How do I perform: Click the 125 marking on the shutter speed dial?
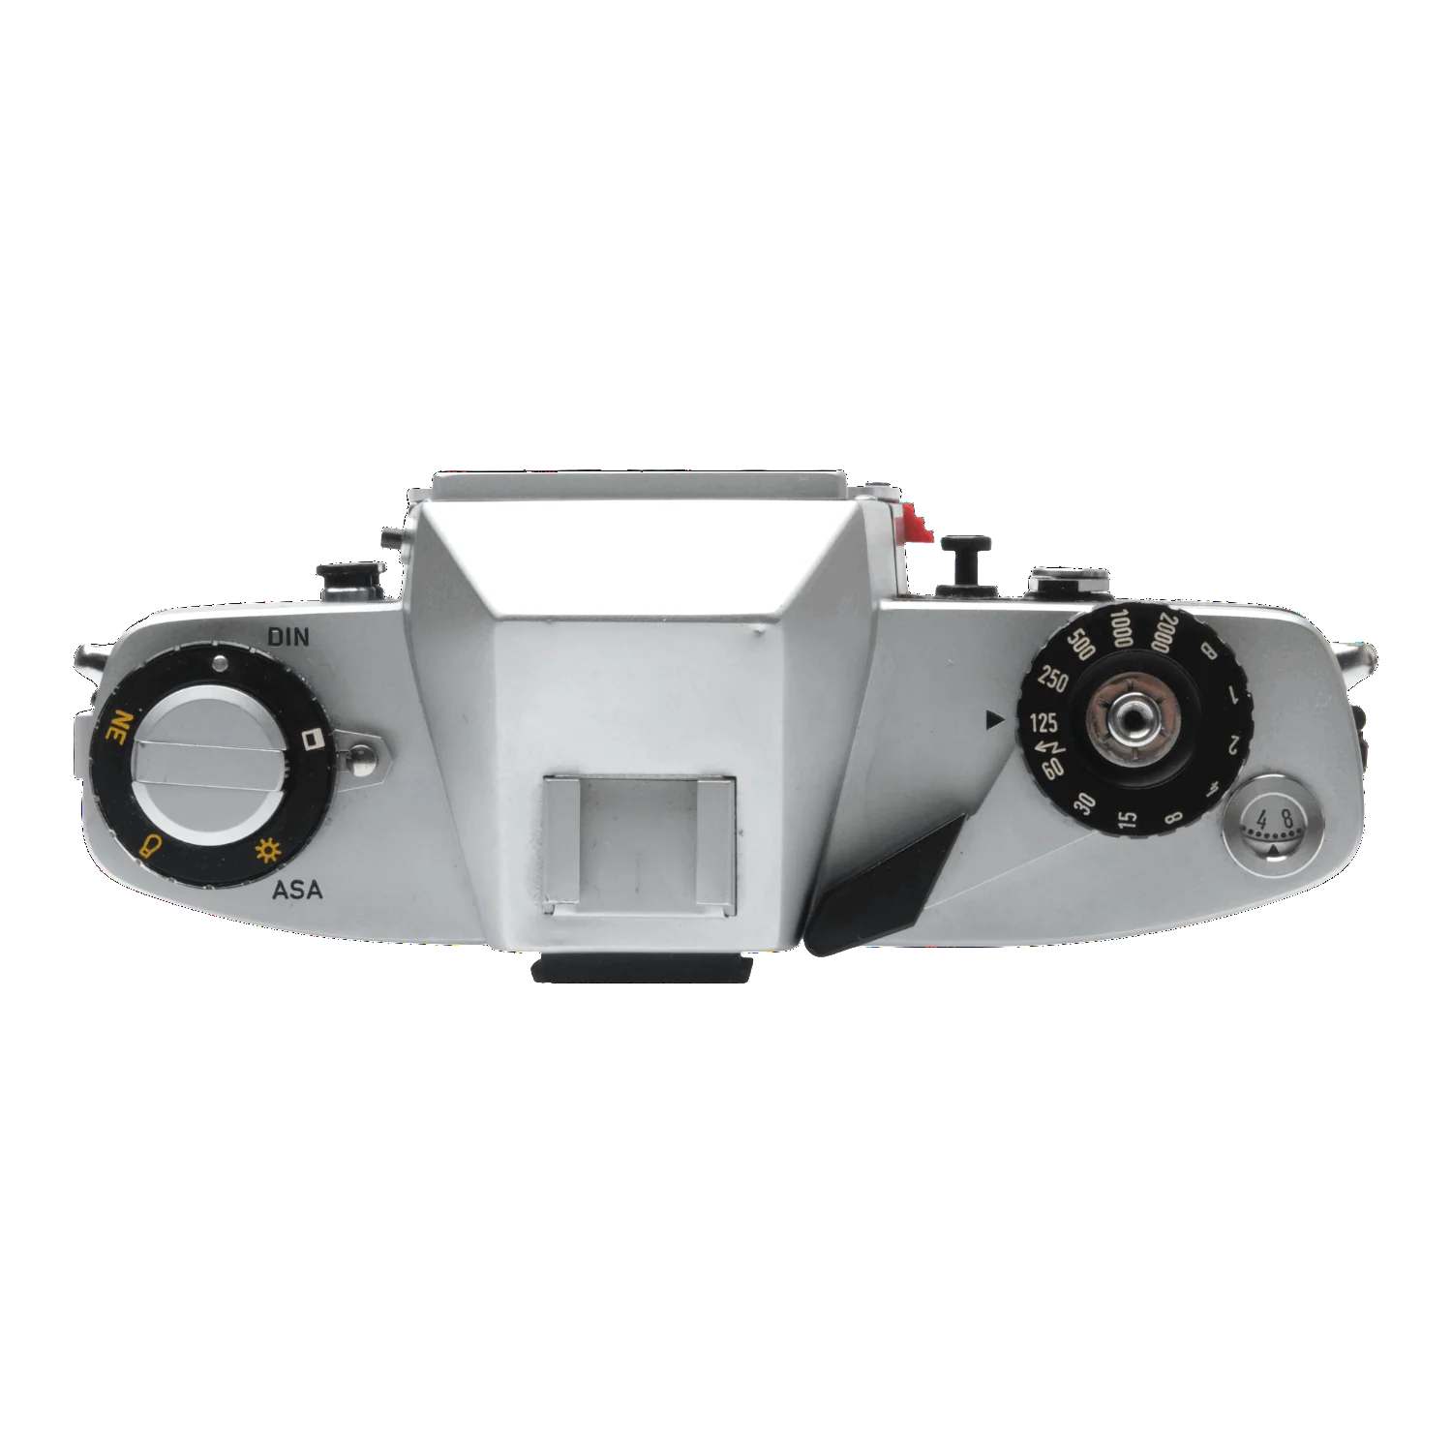[x=1044, y=722]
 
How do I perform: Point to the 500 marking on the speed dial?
[x=1080, y=643]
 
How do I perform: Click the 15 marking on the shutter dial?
[x=1128, y=820]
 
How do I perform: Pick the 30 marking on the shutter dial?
[x=1085, y=802]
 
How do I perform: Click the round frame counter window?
[x=1273, y=826]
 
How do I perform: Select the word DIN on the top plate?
[x=288, y=636]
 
